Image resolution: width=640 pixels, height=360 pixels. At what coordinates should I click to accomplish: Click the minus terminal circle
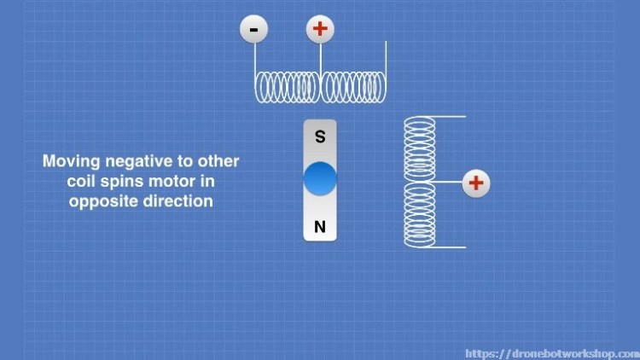point(253,30)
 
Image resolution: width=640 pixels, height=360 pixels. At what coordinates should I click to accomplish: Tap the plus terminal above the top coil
point(320,30)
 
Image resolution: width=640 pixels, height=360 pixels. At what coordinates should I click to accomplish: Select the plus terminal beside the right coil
point(476,182)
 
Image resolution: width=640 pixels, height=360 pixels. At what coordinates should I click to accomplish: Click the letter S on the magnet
point(320,136)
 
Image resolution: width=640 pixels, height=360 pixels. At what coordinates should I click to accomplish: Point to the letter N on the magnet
point(320,227)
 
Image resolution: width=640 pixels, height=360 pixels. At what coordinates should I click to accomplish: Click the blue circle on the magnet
point(320,179)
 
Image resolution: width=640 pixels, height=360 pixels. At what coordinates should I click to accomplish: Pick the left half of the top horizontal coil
point(287,87)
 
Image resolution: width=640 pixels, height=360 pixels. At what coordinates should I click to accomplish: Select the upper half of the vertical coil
point(419,148)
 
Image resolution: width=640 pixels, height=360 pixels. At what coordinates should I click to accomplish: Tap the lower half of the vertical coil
point(419,214)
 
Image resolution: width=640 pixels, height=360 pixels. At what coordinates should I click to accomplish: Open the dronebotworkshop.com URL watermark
point(550,352)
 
